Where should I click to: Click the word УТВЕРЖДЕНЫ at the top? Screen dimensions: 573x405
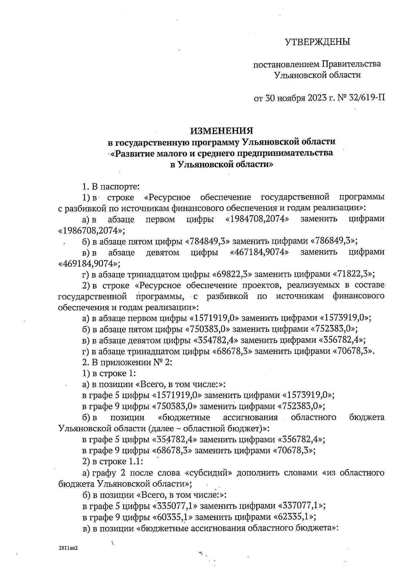pos(318,42)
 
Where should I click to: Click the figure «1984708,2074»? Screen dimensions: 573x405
pos(257,219)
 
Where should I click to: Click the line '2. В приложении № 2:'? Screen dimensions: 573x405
pos(127,362)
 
